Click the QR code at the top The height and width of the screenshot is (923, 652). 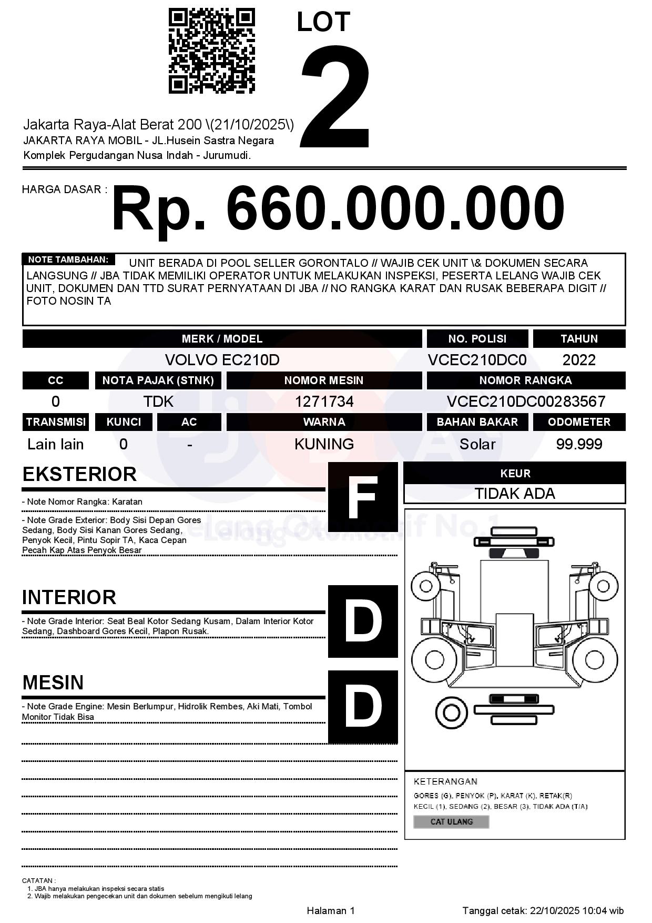[x=212, y=51]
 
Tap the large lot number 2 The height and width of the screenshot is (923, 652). [x=335, y=96]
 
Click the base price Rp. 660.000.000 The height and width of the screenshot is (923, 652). [x=338, y=208]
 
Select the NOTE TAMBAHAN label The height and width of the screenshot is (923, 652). [x=68, y=259]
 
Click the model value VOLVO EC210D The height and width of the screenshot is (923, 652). [x=222, y=360]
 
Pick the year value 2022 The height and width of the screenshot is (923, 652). [x=579, y=360]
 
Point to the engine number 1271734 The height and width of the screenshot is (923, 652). [x=324, y=402]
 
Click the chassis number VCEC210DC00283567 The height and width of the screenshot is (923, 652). [x=526, y=402]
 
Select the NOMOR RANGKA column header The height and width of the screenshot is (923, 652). [x=526, y=380]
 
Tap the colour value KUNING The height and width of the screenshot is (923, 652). [x=324, y=444]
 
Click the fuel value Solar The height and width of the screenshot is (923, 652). [x=477, y=444]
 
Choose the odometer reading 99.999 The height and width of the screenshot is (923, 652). [x=579, y=444]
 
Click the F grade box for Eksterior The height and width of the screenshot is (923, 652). [x=363, y=497]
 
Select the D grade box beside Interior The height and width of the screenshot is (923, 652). [x=363, y=621]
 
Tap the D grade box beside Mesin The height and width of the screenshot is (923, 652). [x=363, y=706]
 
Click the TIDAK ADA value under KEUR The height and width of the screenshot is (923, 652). [x=515, y=494]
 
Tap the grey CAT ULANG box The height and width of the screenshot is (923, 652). [x=451, y=821]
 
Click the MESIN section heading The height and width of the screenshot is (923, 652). [x=53, y=683]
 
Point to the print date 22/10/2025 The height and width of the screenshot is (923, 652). [x=554, y=910]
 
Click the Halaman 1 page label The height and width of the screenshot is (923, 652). [x=331, y=910]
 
